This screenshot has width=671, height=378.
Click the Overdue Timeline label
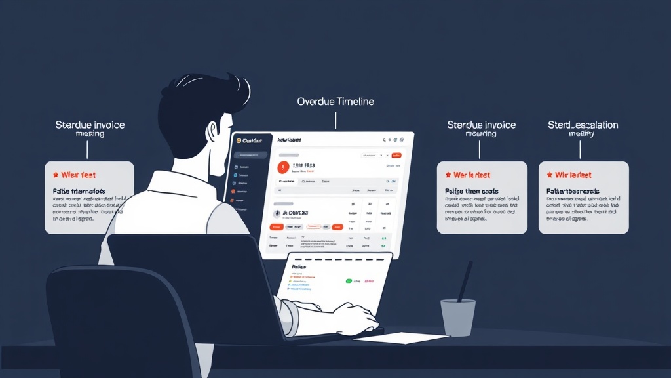335,102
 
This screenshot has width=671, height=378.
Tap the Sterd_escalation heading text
583,125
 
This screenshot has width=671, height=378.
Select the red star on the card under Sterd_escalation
548,175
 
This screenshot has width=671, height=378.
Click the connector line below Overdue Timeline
335,120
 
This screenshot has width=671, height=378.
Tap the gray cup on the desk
457,318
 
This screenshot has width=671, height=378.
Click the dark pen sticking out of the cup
465,280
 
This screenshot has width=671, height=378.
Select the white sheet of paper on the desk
400,338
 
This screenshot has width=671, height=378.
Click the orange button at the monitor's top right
396,156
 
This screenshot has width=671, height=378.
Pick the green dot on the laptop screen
349,280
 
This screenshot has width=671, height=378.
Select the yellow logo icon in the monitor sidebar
239,140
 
